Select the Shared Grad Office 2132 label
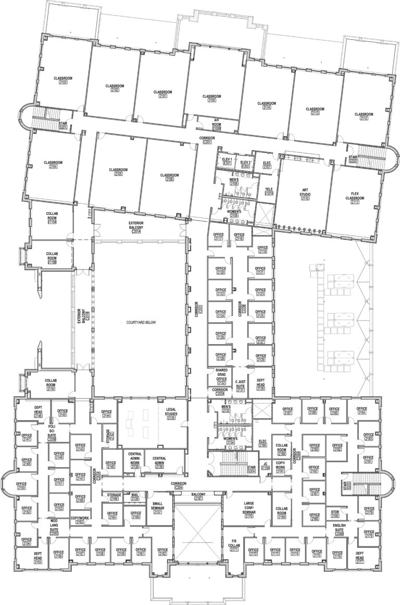(221, 376)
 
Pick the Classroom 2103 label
(64, 80)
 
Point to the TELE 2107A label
(269, 191)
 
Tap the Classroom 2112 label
(363, 116)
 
